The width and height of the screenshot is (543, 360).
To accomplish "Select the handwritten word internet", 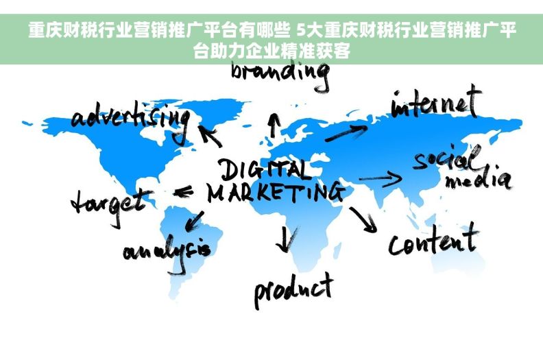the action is coord(436,101).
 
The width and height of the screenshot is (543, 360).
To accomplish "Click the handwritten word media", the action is coord(478,178).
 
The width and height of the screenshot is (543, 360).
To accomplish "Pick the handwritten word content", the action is coord(433,239).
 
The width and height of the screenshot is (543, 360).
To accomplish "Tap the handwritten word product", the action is coord(294,290).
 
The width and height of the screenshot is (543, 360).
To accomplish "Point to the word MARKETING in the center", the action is coord(276,192).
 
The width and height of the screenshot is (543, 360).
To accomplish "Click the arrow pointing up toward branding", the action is coord(274,125).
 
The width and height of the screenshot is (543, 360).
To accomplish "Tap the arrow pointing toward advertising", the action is coord(210,136).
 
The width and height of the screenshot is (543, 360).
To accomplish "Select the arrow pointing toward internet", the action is coord(346,133).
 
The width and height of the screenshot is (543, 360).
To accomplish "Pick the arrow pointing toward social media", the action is coord(381,178).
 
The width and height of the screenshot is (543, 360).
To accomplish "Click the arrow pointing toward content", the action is coord(363,219).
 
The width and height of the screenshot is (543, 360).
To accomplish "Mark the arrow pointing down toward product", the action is coord(286,239).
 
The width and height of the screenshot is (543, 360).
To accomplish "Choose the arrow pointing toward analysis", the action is coord(194,221).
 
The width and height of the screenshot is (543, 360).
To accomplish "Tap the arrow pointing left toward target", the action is coord(183,191).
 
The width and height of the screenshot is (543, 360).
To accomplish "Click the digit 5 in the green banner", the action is coord(302,30).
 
